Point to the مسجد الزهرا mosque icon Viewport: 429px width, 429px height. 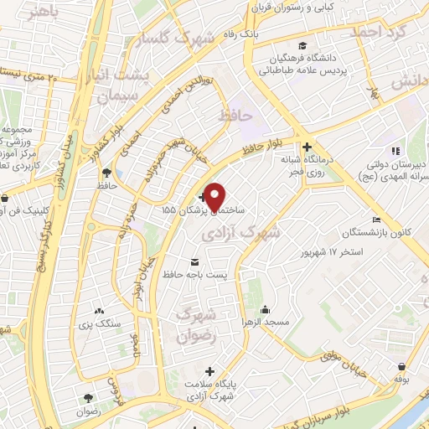[265, 308]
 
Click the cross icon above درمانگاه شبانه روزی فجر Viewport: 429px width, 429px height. [307, 146]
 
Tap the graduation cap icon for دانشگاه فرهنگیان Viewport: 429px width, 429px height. [302, 46]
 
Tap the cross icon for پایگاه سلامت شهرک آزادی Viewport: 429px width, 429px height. [210, 370]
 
